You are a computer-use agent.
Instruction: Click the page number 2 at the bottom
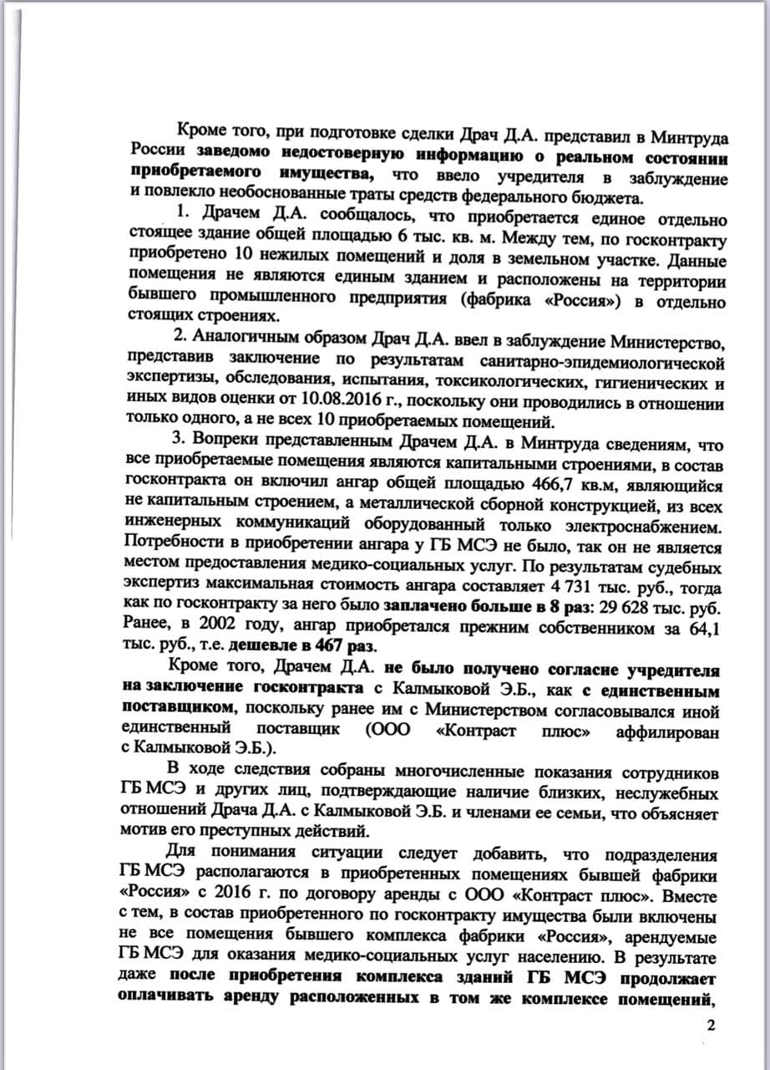[x=712, y=1027]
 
